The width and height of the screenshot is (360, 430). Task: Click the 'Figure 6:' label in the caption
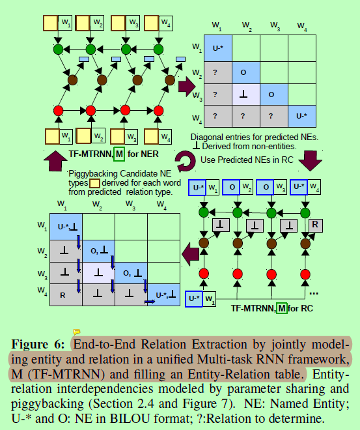pos(37,344)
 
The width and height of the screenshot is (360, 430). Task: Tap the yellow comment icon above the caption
pos(76,332)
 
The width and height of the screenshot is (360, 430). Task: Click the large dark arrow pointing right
pos(187,84)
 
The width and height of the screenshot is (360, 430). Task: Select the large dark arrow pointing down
pos(311,159)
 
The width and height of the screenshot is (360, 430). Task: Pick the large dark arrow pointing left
pos(190,253)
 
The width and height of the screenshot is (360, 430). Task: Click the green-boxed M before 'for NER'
pos(119,154)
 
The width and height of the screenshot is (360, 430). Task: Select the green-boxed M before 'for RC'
pos(281,308)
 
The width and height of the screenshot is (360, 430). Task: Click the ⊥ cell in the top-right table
pos(243,94)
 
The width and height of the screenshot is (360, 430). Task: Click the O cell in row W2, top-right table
pos(243,71)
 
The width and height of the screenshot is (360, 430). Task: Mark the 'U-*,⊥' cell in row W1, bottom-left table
pos(66,226)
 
